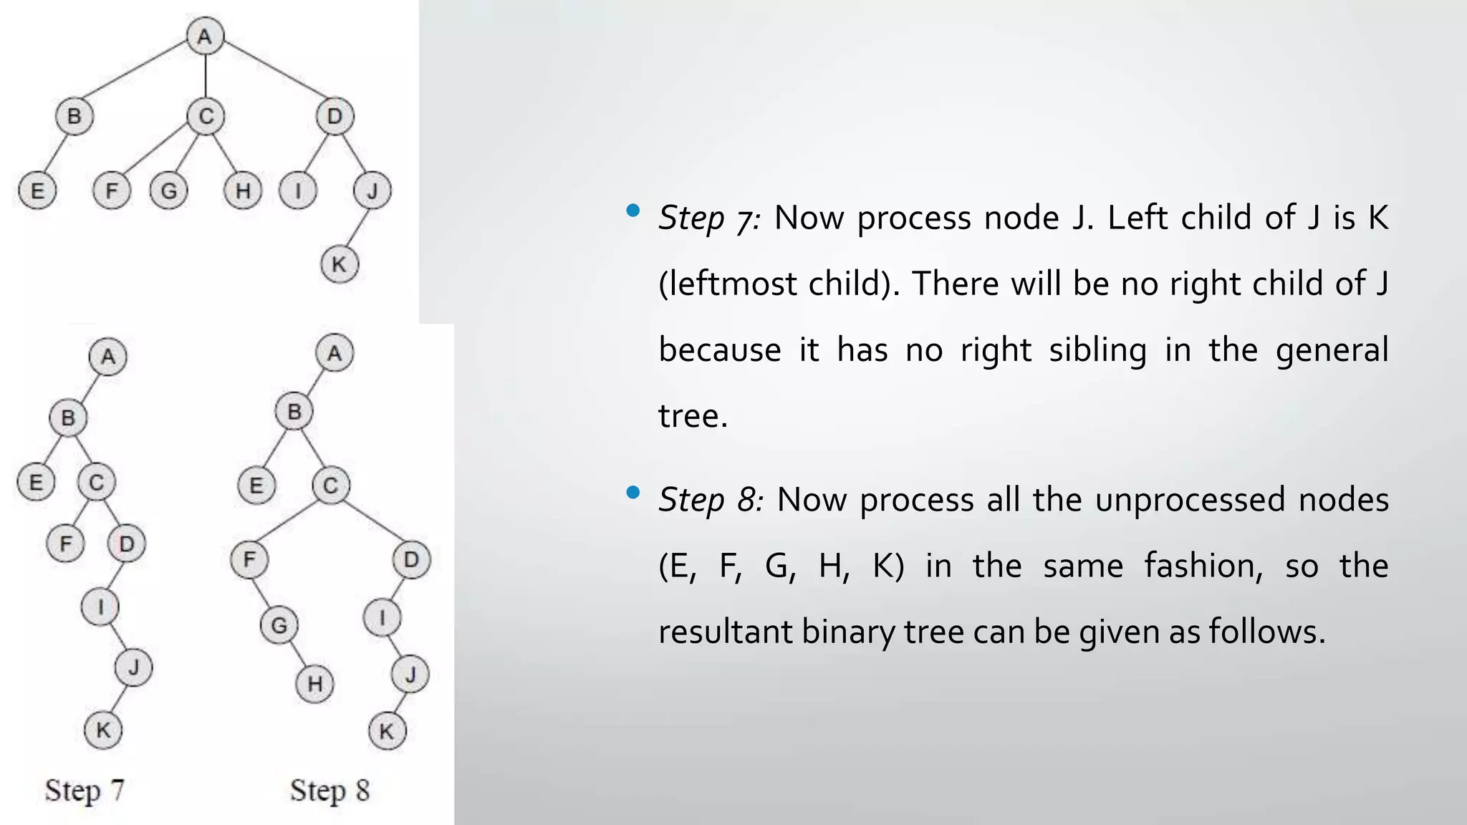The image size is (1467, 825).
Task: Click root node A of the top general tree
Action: [x=205, y=36]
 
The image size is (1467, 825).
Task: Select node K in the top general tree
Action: [x=339, y=264]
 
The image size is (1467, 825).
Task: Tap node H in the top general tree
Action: [x=243, y=190]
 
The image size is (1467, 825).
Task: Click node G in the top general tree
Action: [x=169, y=190]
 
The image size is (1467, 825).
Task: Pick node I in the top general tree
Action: [x=298, y=190]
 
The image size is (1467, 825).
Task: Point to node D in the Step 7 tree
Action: [x=127, y=544]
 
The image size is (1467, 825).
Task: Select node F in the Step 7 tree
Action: [x=65, y=544]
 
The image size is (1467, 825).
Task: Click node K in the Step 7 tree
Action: [x=103, y=730]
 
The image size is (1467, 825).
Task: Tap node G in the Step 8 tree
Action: [x=279, y=626]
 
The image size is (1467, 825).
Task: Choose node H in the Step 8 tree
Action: [x=315, y=684]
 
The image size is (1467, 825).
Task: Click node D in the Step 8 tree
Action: [x=411, y=559]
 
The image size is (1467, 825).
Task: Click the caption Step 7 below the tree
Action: [x=85, y=791]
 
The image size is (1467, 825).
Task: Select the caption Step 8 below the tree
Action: [x=330, y=791]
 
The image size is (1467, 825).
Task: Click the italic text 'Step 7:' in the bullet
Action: [x=708, y=218]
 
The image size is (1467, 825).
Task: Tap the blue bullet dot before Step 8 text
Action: [x=633, y=493]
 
